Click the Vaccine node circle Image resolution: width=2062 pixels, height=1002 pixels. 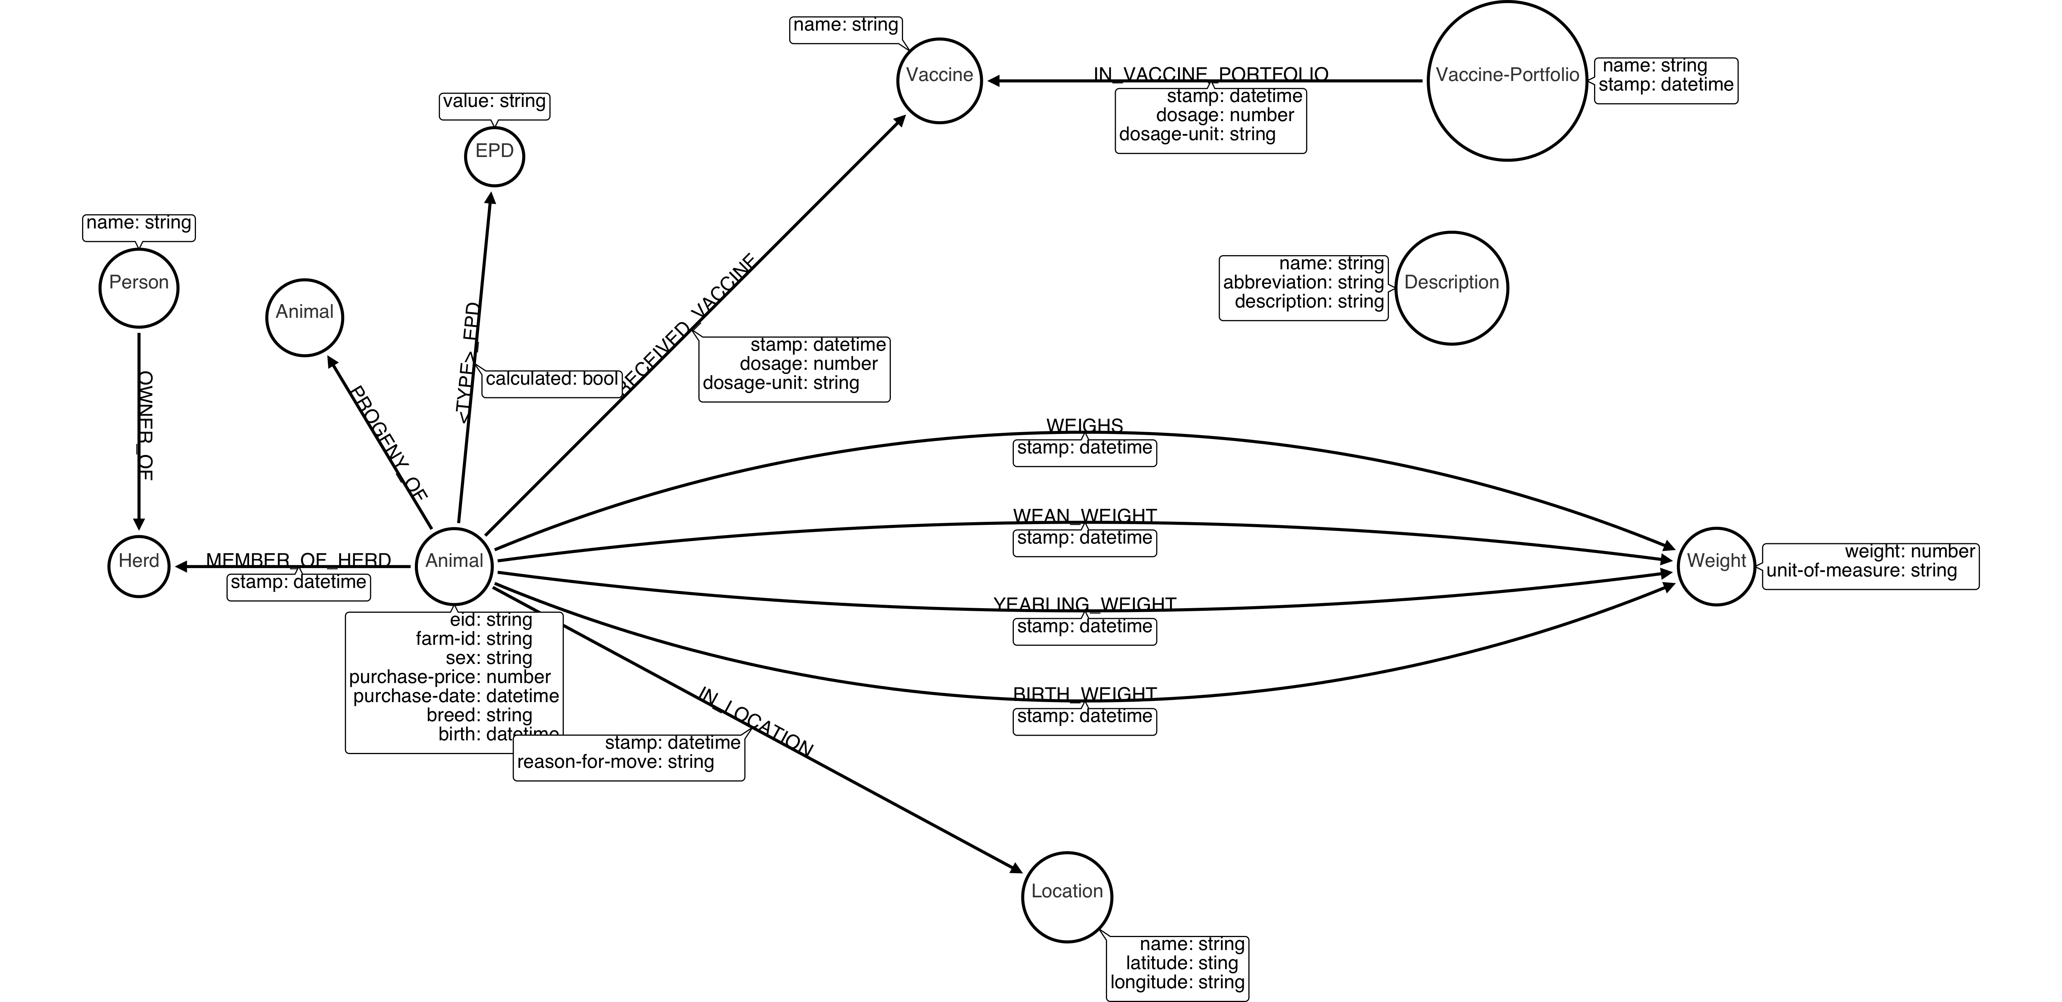[x=939, y=81]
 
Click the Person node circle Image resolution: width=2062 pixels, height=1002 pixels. [x=139, y=288]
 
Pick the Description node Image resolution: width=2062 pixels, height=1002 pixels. [x=1451, y=288]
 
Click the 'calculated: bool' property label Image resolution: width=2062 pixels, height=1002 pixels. [x=552, y=379]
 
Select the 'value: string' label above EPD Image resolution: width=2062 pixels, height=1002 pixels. [x=495, y=102]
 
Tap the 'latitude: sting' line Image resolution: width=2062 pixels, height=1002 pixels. [x=1182, y=963]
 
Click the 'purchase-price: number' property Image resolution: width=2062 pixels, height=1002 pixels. [x=450, y=677]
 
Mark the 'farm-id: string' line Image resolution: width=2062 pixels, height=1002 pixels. [x=474, y=639]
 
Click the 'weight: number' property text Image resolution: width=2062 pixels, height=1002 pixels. [x=1910, y=551]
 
